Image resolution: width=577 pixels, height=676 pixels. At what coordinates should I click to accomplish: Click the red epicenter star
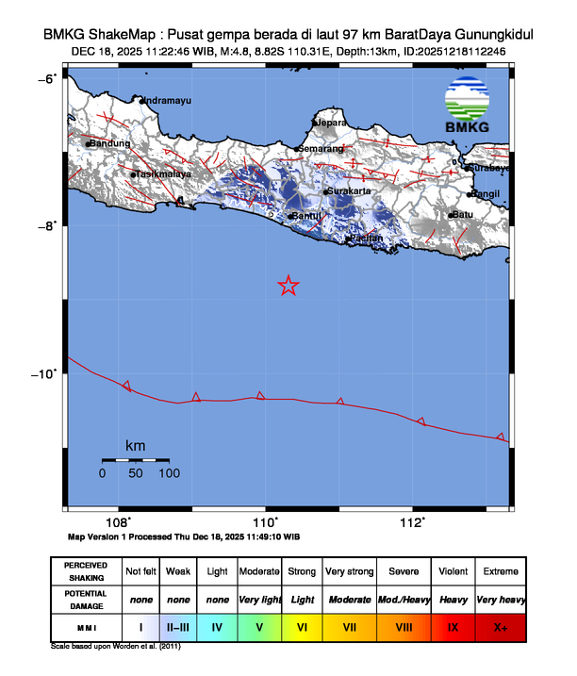(x=288, y=286)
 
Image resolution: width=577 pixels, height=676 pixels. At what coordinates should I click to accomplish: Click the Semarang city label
(x=321, y=148)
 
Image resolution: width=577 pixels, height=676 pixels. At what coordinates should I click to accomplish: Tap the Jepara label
(x=331, y=123)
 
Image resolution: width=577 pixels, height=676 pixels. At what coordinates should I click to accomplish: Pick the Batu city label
(x=463, y=215)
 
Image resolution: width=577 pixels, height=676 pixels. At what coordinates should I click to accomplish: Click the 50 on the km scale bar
(x=136, y=473)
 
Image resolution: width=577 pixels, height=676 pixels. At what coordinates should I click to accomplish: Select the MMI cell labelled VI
(x=303, y=626)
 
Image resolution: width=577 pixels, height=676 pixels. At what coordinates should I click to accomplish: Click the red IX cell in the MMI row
(x=453, y=626)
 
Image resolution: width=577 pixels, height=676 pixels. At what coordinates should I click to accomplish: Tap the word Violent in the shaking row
(x=453, y=571)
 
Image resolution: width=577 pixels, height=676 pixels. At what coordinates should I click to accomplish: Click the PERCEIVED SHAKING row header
(x=86, y=571)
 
